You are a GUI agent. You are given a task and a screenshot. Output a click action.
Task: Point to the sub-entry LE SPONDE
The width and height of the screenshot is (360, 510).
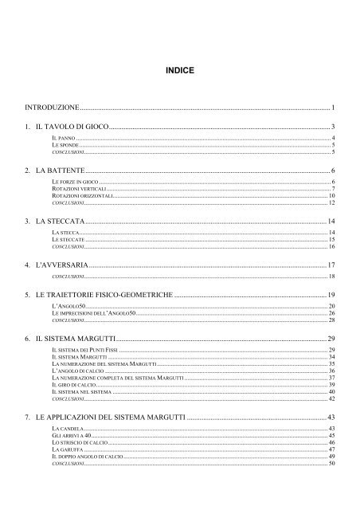[x=65, y=145]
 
